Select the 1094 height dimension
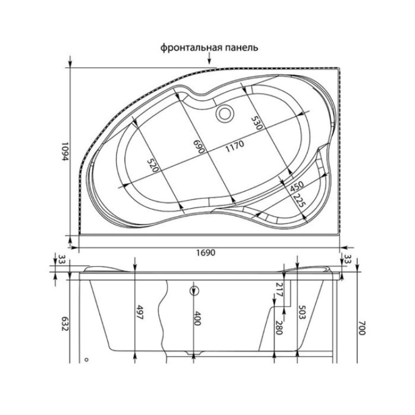64,152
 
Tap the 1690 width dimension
206,252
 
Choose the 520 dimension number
153,166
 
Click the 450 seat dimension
297,186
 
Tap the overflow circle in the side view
194,290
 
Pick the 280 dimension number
279,328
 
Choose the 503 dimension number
302,312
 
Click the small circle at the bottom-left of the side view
86,360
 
